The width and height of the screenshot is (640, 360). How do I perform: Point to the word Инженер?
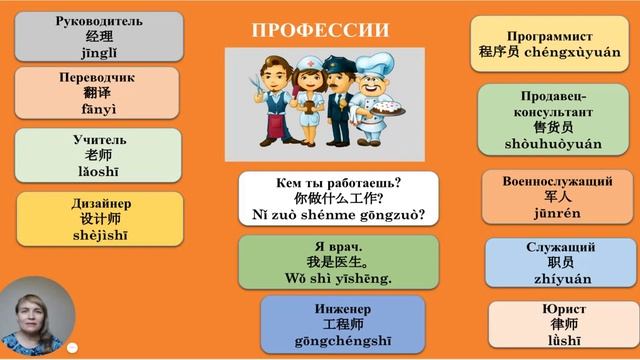tap(338, 307)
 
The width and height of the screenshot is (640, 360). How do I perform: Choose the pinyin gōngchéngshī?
tap(338, 341)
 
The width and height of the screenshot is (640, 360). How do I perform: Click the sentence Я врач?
tap(338, 245)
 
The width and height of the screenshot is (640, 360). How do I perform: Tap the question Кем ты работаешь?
tap(338, 183)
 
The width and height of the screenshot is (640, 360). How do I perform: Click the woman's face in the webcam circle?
tap(36, 311)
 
